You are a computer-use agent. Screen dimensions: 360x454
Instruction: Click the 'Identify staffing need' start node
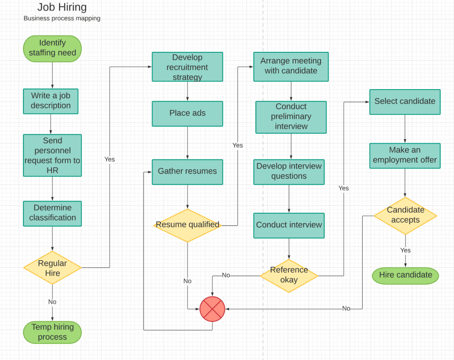pos(52,48)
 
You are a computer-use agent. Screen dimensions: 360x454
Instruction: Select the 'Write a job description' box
pos(51,101)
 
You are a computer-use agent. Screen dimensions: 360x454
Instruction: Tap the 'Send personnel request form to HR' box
pos(52,155)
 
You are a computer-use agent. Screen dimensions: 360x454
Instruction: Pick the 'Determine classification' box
pos(52,213)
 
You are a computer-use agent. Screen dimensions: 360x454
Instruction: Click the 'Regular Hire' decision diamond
pos(52,268)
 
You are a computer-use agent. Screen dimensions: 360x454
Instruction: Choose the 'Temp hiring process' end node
pos(52,332)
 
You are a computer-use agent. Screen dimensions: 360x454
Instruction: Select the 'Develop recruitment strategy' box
pos(187,67)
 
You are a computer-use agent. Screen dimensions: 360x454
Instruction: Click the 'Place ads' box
pos(187,113)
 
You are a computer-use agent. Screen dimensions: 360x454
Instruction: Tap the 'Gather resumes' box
pos(187,172)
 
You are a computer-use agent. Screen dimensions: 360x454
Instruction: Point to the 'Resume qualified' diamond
pos(187,225)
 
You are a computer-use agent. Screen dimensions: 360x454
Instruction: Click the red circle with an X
pos(212,309)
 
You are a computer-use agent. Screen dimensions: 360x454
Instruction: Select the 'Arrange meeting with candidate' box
pos(291,67)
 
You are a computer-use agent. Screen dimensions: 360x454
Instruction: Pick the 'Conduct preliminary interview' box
pos(291,117)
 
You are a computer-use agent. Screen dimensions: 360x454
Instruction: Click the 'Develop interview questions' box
pos(289,172)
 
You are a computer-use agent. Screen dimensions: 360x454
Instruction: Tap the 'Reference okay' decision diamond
pos(289,275)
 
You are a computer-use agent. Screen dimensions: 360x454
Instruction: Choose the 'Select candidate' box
pos(405,102)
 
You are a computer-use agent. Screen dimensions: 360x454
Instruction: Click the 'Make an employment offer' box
pos(405,156)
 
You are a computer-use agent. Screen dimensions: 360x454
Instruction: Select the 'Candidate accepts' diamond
pos(405,215)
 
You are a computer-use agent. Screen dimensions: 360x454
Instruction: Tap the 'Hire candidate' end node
pos(405,275)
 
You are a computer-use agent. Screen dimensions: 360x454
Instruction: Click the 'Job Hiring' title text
pos(62,7)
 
